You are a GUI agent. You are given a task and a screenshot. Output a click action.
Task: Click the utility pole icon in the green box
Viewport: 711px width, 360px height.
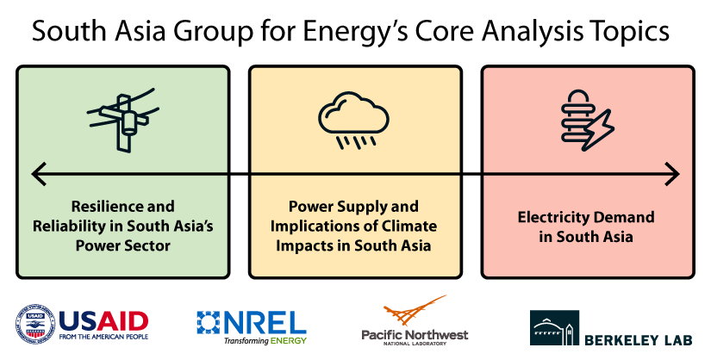(x=122, y=120)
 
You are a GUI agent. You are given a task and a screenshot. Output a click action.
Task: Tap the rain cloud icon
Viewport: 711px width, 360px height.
(x=354, y=121)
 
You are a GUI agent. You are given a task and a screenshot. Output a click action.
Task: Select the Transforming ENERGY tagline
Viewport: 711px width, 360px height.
(x=265, y=342)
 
